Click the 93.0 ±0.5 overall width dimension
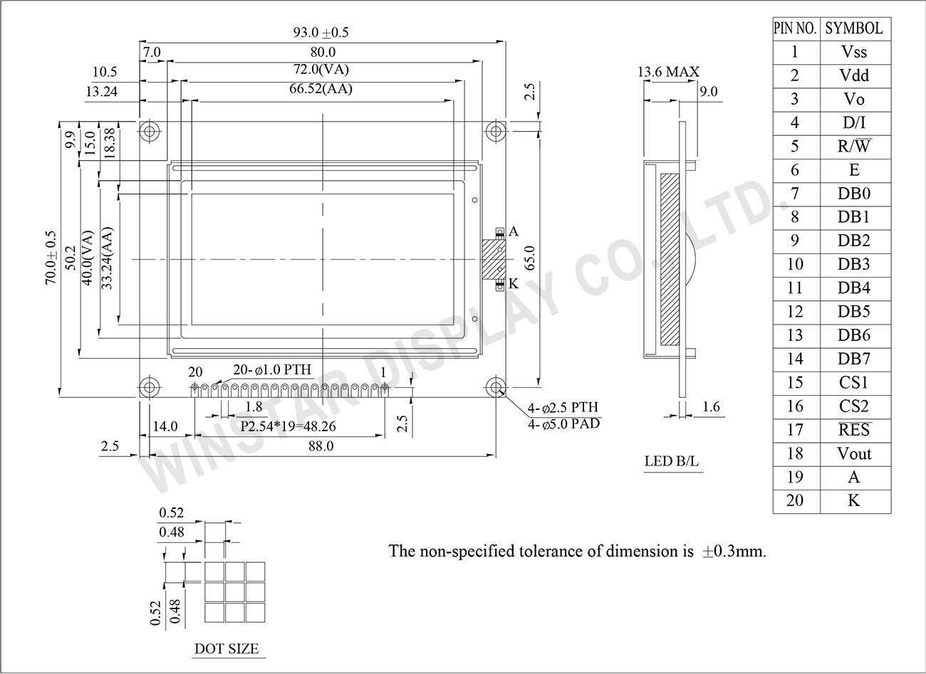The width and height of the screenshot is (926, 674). point(321,33)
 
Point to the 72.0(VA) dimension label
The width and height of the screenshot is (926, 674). point(321,70)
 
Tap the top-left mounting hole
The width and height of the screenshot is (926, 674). point(149,132)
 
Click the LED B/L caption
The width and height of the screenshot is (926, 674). point(671,461)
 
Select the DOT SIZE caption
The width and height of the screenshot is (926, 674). point(227,649)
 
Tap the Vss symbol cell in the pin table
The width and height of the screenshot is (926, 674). point(854,52)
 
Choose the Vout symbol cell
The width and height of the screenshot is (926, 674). point(854,454)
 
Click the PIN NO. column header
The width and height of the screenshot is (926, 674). point(795,28)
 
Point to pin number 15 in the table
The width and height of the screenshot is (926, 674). point(795,383)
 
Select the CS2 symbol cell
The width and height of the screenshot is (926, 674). point(854,406)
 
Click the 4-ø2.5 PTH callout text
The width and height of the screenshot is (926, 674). point(563,408)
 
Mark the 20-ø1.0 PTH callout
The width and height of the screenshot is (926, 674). point(271,370)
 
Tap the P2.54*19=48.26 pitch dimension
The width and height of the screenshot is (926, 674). point(288,427)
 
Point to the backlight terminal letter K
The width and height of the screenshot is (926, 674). point(514,284)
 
